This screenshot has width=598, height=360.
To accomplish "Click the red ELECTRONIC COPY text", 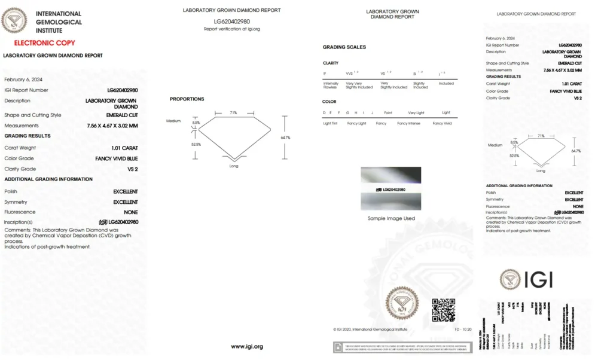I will (x=44, y=43).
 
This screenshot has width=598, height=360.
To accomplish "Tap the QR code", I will (x=444, y=310).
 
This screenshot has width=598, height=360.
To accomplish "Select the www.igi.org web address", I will (x=247, y=346).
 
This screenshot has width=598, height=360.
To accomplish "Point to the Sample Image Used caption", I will (x=391, y=218).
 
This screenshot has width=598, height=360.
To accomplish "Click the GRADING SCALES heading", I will (x=344, y=47).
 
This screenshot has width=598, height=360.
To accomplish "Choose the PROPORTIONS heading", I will (x=187, y=99).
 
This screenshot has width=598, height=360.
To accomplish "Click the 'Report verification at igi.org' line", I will (x=231, y=29).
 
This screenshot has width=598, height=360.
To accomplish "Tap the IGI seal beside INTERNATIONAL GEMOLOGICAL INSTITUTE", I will (x=14, y=21).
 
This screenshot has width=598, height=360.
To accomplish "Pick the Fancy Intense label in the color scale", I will (x=408, y=123).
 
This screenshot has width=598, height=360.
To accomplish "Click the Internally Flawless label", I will (x=331, y=86).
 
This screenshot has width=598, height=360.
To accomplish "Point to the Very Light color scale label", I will (x=416, y=112).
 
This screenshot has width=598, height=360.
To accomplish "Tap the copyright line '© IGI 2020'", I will (x=370, y=330).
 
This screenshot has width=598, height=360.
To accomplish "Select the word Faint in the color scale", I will (x=388, y=112).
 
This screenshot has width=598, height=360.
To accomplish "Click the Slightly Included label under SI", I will (x=420, y=86).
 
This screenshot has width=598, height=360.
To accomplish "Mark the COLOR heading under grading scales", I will (x=329, y=102).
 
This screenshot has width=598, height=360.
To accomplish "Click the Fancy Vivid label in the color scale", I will (x=443, y=123).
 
